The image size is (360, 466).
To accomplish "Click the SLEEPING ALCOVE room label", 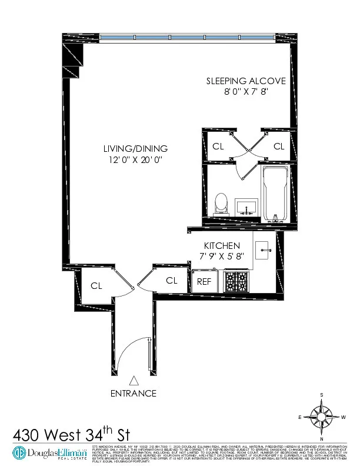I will pyautogui.click(x=245, y=81).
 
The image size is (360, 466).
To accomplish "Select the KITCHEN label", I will pyautogui.click(x=221, y=245).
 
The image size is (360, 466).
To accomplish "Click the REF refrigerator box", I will pyautogui.click(x=204, y=281).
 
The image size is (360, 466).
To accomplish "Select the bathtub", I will pyautogui.click(x=274, y=194).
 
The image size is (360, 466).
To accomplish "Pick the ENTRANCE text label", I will pyautogui.click(x=134, y=393).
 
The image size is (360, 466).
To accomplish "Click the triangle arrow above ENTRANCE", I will pyautogui.click(x=134, y=381).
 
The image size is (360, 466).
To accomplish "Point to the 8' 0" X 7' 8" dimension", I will pyautogui.click(x=245, y=92).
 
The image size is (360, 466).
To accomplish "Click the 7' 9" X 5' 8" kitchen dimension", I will pyautogui.click(x=221, y=256).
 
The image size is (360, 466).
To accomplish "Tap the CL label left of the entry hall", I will pyautogui.click(x=96, y=286).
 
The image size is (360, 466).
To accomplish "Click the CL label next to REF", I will pyautogui.click(x=171, y=281).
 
